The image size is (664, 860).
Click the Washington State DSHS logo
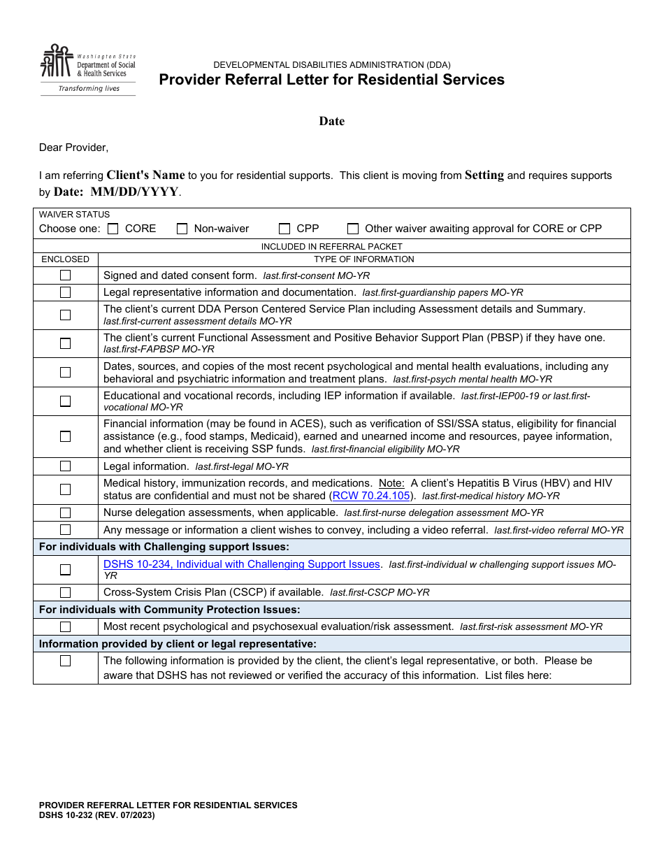click(87, 69)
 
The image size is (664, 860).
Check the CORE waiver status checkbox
click(113, 229)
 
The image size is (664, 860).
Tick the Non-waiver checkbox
click(182, 229)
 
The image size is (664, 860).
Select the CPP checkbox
click(284, 229)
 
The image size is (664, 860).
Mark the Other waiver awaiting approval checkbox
click(353, 229)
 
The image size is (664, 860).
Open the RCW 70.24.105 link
click(371, 496)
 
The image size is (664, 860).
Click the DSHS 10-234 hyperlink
click(242, 564)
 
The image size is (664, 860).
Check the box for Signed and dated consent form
click(65, 275)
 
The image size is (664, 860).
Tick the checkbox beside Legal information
click(65, 466)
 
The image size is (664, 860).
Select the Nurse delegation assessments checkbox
click(65, 513)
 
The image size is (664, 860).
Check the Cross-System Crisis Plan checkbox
click(65, 592)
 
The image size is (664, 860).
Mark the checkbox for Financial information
click(65, 436)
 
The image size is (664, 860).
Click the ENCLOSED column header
click(65, 259)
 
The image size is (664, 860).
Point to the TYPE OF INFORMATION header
click(363, 259)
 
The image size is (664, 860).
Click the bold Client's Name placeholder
click(145, 175)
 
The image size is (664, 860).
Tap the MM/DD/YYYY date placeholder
click(134, 192)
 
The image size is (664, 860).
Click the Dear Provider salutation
click(73, 148)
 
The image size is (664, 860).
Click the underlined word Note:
click(391, 483)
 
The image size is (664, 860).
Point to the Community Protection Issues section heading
click(170, 610)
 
